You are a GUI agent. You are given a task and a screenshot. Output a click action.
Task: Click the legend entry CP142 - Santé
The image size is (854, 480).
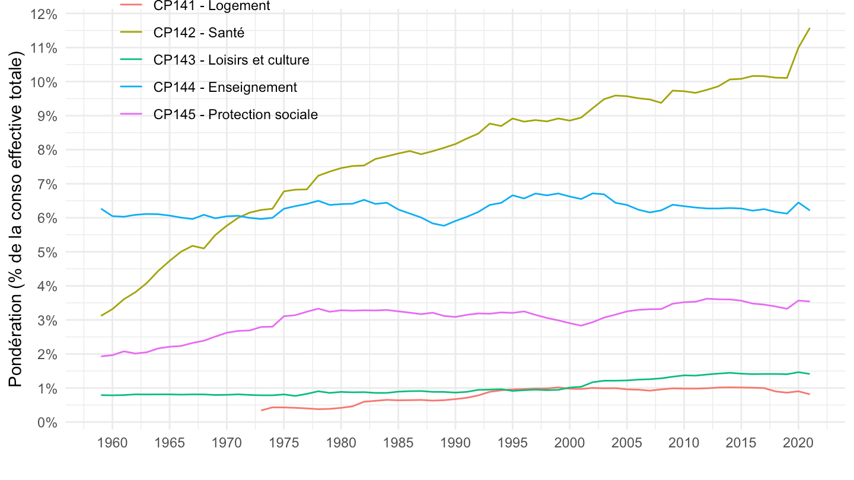click(199, 33)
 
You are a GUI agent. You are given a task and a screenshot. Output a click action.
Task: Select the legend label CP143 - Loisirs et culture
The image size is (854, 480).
click(231, 60)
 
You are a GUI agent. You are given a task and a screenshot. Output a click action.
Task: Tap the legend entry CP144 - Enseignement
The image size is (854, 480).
click(225, 87)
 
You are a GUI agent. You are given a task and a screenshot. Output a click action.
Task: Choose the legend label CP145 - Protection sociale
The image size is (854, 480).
click(235, 114)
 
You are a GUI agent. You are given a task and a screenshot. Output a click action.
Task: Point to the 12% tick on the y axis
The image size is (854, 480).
click(43, 14)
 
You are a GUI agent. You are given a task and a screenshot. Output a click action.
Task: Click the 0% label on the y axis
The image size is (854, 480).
click(47, 423)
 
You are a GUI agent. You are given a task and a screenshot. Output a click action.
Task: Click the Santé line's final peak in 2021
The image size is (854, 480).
click(810, 28)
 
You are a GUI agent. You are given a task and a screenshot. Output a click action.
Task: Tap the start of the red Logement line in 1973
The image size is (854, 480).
click(262, 410)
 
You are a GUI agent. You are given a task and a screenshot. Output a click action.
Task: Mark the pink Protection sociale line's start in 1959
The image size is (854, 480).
click(101, 356)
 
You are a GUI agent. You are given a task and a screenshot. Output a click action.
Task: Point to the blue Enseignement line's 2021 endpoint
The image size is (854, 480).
click(810, 210)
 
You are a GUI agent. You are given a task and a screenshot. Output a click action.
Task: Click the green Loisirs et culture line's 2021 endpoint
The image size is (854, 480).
click(810, 374)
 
